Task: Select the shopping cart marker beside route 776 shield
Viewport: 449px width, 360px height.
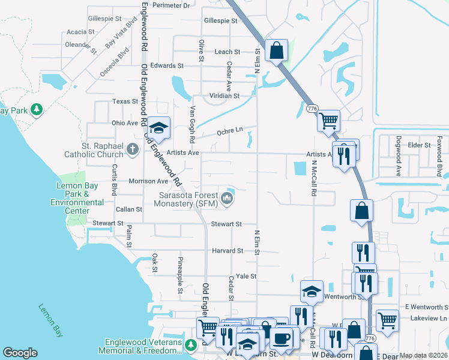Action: (x=328, y=120)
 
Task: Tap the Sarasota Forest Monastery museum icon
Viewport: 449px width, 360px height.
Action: (x=227, y=198)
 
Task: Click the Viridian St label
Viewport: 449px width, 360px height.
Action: (x=224, y=95)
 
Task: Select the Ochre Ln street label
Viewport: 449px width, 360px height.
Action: (x=229, y=130)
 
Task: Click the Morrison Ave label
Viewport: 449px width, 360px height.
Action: (x=148, y=181)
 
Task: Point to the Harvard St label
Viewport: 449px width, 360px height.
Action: (x=227, y=250)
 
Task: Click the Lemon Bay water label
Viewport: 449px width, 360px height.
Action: (x=51, y=317)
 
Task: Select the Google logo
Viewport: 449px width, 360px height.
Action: (x=20, y=353)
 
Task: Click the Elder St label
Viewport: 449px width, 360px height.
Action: (x=419, y=145)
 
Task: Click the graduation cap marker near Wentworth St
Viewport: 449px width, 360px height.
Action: (x=311, y=291)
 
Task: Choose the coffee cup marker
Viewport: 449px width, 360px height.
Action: (x=281, y=337)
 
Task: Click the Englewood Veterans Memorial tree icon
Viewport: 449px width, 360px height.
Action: (x=190, y=345)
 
